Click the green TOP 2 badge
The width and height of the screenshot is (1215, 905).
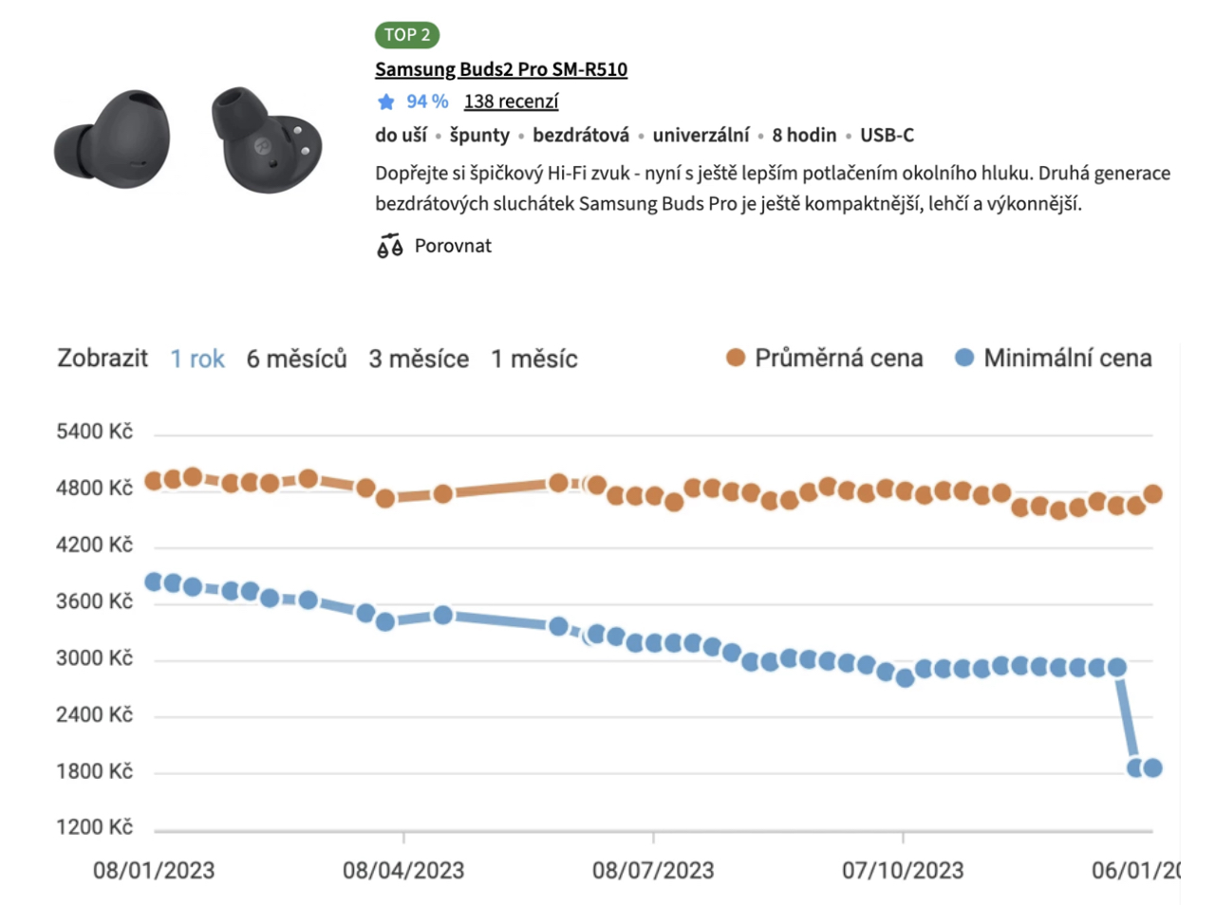click(406, 35)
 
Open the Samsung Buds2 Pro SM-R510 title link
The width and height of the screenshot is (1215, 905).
click(500, 69)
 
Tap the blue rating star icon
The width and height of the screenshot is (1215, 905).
click(385, 102)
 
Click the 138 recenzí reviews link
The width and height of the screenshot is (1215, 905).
click(511, 102)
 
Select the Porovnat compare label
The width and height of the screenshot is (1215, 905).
click(453, 246)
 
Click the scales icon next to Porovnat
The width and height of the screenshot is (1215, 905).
click(389, 246)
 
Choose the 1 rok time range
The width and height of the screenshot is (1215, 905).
click(197, 359)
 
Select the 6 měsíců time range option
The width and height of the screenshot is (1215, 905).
click(296, 359)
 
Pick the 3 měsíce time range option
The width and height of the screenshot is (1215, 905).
click(419, 359)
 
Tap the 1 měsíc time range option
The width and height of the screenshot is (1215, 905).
click(533, 359)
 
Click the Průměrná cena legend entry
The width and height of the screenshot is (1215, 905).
click(824, 358)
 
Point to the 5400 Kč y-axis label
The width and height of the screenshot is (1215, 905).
click(94, 432)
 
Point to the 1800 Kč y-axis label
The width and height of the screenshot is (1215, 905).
click(94, 771)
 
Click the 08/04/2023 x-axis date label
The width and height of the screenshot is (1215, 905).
click(403, 870)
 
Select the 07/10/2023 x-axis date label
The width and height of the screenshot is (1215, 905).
click(902, 870)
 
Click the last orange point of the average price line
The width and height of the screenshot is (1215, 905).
click(1152, 493)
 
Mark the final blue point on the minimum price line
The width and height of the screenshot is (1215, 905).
click(1152, 767)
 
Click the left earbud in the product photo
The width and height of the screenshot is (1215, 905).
click(114, 140)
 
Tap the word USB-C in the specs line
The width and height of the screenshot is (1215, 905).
click(887, 135)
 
